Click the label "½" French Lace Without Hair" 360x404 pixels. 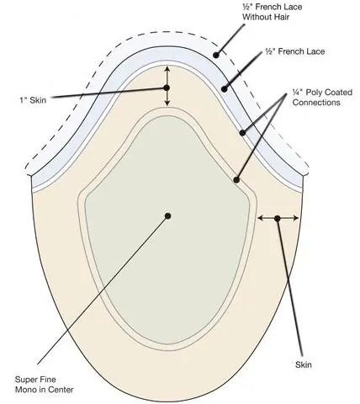pos(273,12)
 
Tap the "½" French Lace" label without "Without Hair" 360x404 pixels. pos(295,51)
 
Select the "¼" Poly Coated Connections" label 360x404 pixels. pos(322,97)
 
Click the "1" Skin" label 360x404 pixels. pos(33,100)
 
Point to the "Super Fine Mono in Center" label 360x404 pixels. pos(44,385)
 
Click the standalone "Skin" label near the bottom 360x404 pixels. pos(304,364)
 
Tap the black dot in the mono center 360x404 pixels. pos(168,215)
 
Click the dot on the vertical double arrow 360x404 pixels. pos(167,88)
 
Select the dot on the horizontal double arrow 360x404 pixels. pos(278,218)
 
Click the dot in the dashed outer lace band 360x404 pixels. pos(216,56)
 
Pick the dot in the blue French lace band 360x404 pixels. pos(225,89)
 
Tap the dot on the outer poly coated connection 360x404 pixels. pos(242,133)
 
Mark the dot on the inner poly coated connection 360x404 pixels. pos(236,180)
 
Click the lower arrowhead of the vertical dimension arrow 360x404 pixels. pos(167,104)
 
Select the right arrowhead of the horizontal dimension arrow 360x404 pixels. pos(296,218)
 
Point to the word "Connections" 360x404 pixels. pos(316,103)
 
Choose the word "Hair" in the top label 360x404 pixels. pos(280,17)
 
